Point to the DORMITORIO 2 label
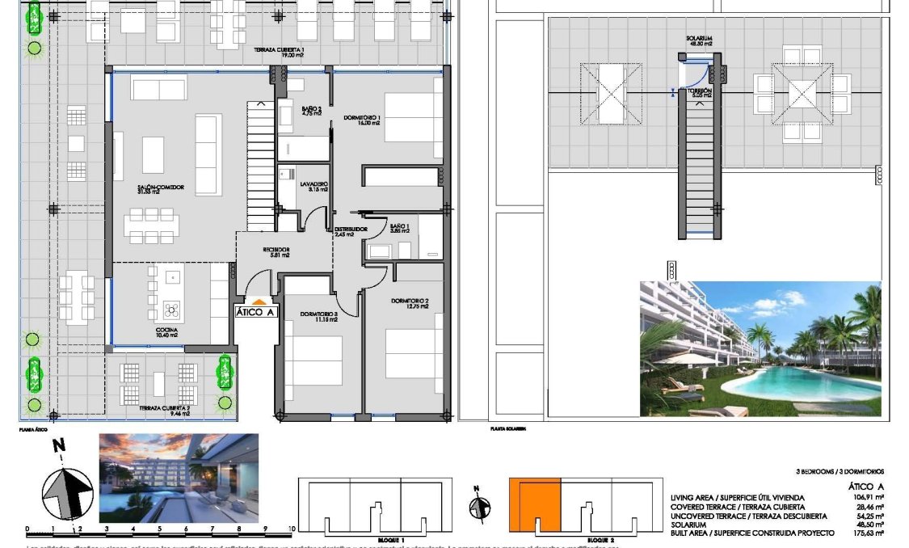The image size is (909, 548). pos(409,301)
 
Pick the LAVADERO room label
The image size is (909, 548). pos(314,184)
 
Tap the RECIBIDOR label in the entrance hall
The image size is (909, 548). pos(276,249)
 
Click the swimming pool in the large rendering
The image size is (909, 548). pos(808,380)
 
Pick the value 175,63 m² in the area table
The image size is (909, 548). pos(864,533)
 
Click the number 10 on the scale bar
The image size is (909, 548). pos(291,529)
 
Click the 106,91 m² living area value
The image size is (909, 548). pos(864,497)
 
